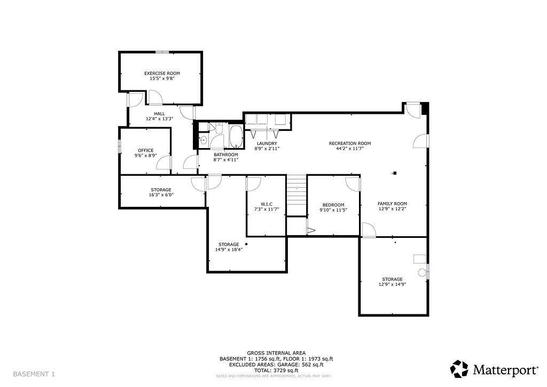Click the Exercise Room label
point(162,73)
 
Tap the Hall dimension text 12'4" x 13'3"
point(159,119)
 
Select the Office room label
point(145,150)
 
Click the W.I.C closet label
point(267,204)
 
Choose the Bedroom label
point(333,205)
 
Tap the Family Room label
point(392,204)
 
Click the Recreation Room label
point(349,143)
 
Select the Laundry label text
point(267,143)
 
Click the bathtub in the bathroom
point(236,136)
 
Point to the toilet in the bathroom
point(218,130)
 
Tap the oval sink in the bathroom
point(204,140)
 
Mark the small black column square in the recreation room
point(395,173)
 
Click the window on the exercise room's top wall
point(162,52)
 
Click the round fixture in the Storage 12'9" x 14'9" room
point(421,273)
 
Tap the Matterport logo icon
point(459,368)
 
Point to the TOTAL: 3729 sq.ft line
point(276,370)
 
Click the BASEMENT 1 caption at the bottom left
point(34,374)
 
